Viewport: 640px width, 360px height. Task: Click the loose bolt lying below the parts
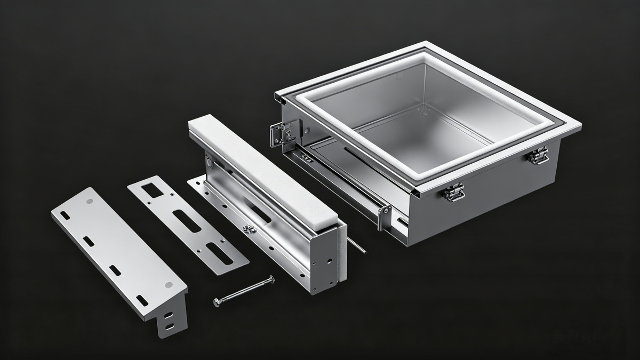[x=244, y=290]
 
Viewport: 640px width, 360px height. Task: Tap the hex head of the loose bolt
[x=217, y=302]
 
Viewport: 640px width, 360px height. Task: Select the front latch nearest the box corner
[x=453, y=192]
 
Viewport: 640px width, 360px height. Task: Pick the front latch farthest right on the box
[x=538, y=155]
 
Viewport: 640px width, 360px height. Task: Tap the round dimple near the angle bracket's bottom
[x=168, y=285]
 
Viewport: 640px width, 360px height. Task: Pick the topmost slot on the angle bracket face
[x=65, y=214]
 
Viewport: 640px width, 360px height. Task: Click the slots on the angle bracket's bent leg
[x=169, y=319]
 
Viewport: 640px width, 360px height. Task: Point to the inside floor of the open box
[x=421, y=139]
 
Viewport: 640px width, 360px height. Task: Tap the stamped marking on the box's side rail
[x=305, y=158]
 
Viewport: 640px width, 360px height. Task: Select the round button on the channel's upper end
[x=209, y=158]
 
